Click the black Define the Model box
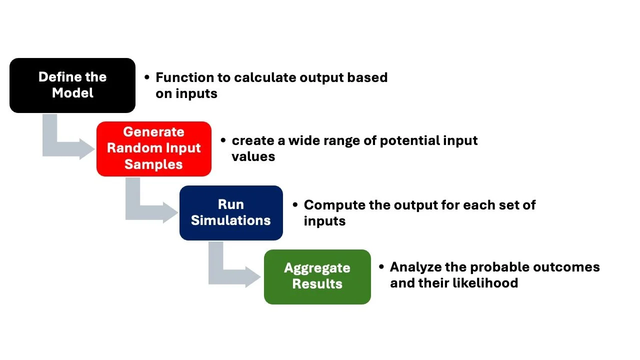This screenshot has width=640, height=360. pos(72,85)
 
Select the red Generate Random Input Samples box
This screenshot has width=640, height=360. pos(153,148)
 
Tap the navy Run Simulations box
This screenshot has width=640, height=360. pos(231,212)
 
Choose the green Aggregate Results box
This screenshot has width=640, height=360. pos(317,276)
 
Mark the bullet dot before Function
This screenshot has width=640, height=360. pos(147,77)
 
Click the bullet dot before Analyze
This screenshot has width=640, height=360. pos(381,267)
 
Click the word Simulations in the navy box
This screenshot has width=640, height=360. pos(231,220)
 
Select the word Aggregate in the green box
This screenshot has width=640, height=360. pos(317,268)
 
